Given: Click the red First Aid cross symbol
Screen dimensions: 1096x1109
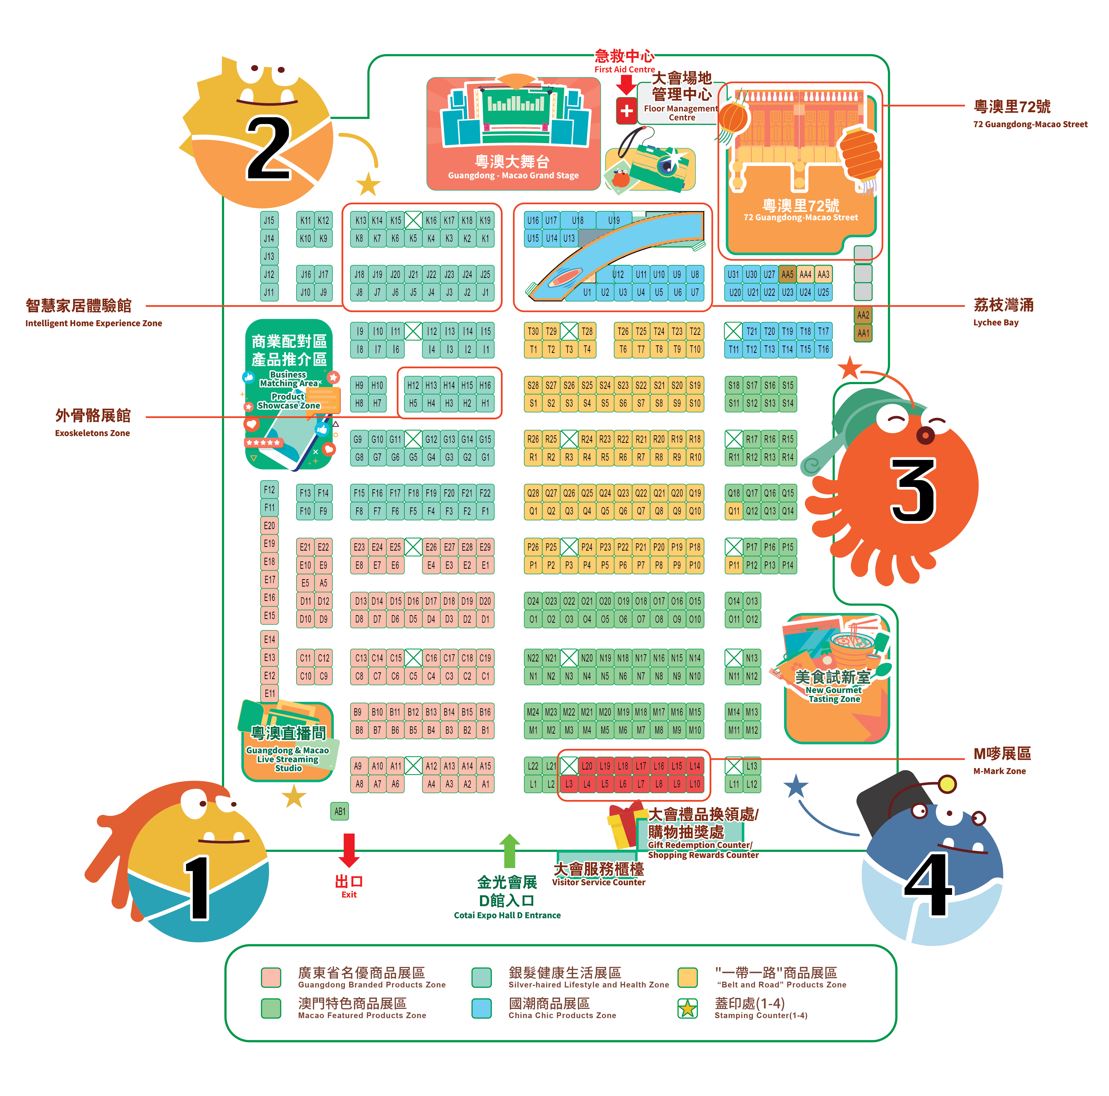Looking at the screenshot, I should click(x=626, y=111).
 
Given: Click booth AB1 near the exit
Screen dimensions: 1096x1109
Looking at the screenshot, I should click(x=340, y=811).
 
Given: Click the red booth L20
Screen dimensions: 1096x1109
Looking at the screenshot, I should click(x=587, y=766).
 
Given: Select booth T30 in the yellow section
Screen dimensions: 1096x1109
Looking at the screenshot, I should click(x=533, y=331).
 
